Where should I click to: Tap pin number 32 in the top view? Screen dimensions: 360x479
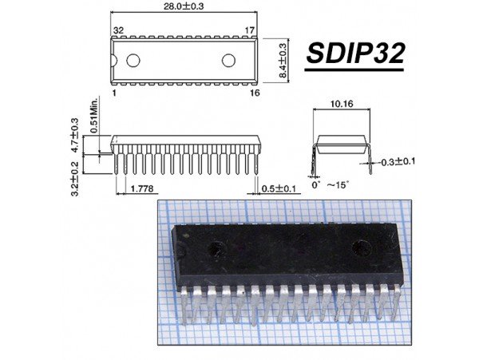118,30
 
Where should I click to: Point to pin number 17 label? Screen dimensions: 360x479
251,30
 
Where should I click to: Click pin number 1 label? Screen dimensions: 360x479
115,93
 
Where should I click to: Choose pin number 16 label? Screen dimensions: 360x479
253,93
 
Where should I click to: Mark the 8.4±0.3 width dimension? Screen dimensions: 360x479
282,60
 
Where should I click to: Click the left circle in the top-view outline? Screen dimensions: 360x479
133,60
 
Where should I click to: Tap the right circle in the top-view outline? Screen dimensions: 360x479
229,60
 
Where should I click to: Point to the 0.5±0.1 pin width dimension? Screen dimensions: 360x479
280,188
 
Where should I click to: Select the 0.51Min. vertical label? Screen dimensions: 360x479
93,117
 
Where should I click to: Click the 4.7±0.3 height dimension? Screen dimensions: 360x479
75,135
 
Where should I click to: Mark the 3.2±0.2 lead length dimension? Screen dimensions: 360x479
74,178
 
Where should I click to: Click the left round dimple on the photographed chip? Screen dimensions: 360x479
216,249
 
